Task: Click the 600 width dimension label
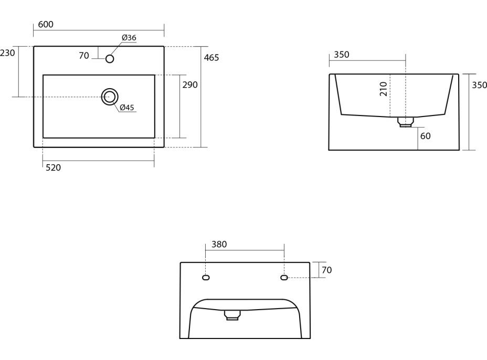tap(46, 24)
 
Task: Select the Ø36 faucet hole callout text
tap(129, 38)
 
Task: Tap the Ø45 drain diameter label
tap(126, 108)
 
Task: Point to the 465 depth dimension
tap(211, 58)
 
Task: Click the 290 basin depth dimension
tap(190, 85)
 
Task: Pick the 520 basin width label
tap(53, 168)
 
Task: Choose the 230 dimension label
tap(7, 53)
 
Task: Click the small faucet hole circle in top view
tap(110, 59)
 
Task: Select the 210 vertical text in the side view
tap(384, 89)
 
